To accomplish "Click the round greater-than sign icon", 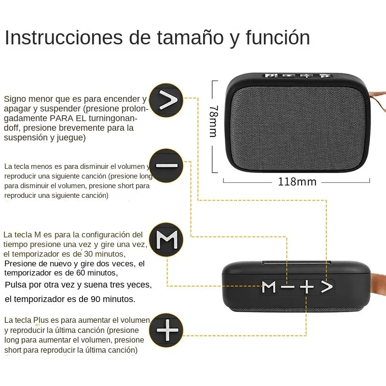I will [166, 100].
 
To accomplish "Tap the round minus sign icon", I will [166, 165].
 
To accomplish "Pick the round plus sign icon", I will [166, 331].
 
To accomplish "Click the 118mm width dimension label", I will [297, 182].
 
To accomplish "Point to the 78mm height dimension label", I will [213, 121].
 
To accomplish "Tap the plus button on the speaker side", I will [306, 287].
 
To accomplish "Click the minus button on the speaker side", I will [288, 287].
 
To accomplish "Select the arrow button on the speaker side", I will [327, 287].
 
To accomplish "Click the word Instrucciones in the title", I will [63, 38].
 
